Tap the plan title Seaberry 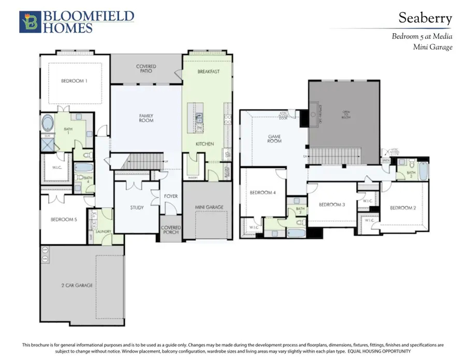click(425, 18)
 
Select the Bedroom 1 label click(74, 81)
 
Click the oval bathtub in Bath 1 click(49, 124)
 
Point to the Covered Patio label click(146, 69)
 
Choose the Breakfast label click(208, 71)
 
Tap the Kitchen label click(205, 143)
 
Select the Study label click(137, 208)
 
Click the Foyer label click(171, 196)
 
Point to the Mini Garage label click(209, 207)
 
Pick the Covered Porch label click(170, 229)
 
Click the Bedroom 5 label click(64, 220)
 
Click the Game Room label click(274, 139)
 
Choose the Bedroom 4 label click(263, 193)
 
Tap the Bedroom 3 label click(331, 205)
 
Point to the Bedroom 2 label click(403, 208)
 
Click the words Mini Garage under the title click(432, 47)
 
